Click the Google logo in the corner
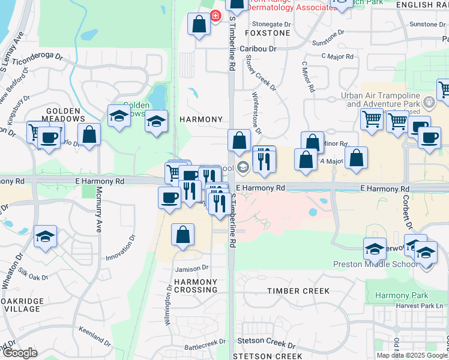click(19, 353)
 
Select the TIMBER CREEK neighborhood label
click(298, 291)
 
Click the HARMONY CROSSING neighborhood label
click(196, 286)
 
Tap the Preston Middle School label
click(376, 264)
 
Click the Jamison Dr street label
click(192, 268)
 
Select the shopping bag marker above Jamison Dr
click(182, 235)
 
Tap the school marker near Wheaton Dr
click(45, 236)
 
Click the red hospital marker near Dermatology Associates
click(215, 16)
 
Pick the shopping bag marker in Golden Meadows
click(89, 135)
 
